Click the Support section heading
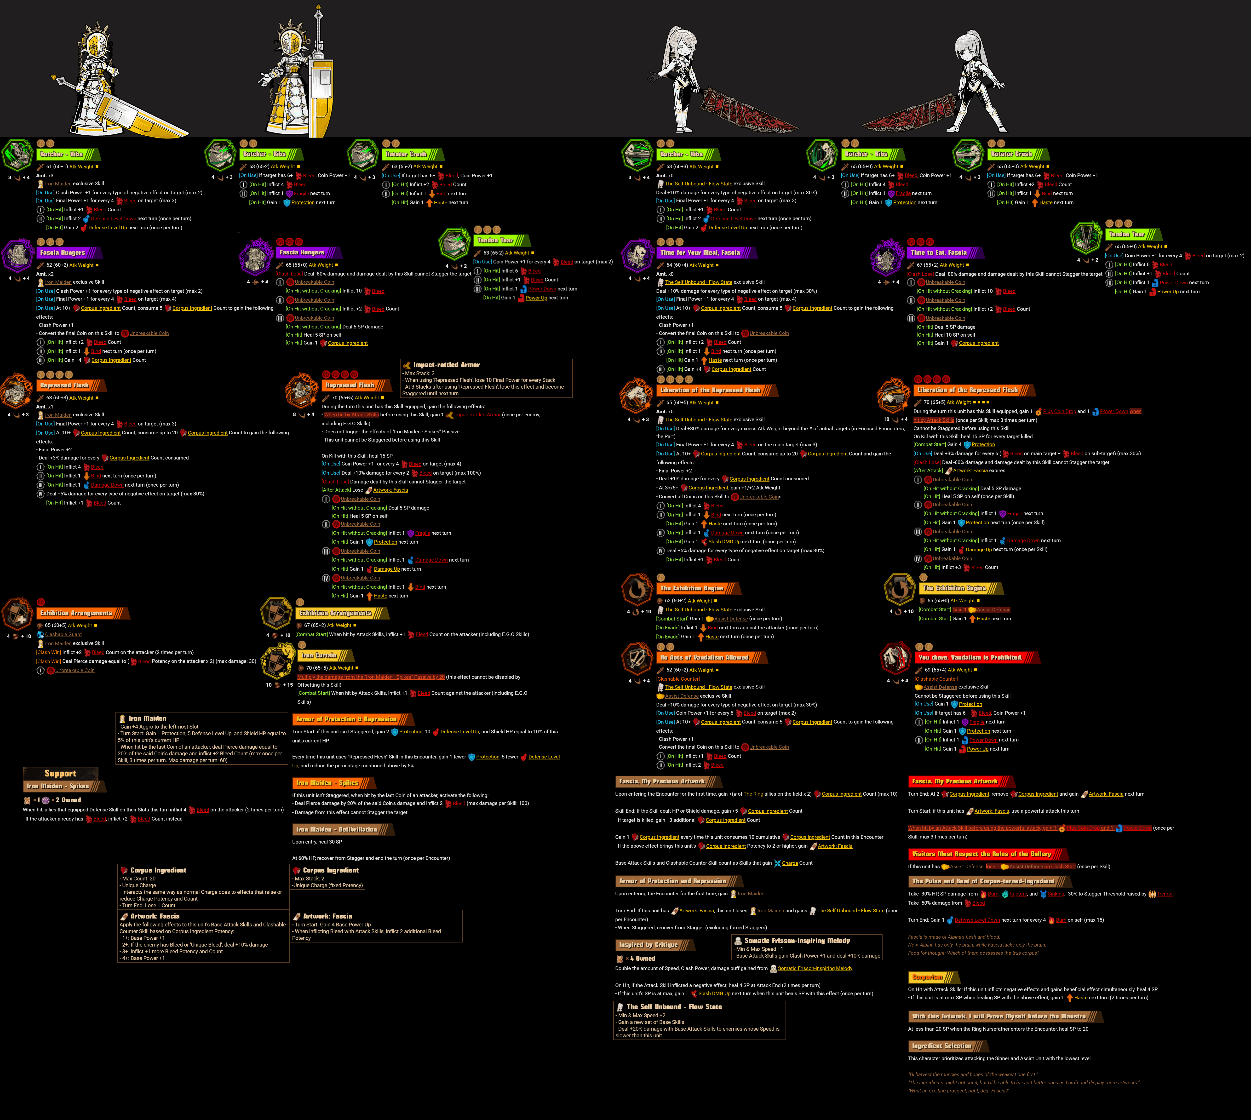[x=60, y=774]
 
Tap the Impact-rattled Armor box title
[x=446, y=365]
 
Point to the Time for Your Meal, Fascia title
[x=700, y=252]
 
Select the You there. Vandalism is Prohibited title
[x=970, y=657]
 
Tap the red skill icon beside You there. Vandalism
[x=895, y=658]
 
